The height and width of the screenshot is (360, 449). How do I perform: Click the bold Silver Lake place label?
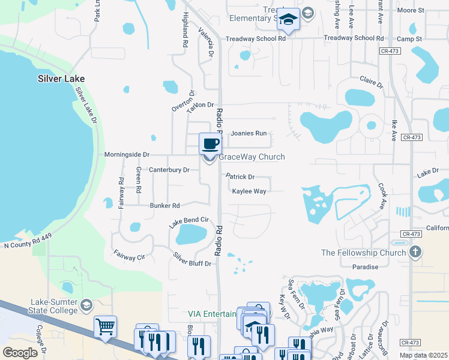point(61,79)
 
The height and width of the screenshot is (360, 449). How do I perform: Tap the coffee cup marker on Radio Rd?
point(209,144)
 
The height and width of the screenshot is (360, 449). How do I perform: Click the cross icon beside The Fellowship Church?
point(415,252)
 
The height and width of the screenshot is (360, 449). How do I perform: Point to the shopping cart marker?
point(105,327)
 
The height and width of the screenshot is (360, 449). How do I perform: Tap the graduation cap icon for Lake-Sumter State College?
point(86,306)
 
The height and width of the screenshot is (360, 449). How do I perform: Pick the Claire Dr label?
point(371,79)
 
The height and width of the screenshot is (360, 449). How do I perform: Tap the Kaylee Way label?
point(249,191)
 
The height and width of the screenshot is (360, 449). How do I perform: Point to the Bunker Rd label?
point(165,205)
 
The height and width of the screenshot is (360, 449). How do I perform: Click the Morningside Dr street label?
point(127,154)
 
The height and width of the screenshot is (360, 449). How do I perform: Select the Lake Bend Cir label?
point(188,221)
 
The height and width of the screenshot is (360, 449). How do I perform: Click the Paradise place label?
point(366,267)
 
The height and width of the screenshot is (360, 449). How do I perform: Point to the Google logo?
point(20,353)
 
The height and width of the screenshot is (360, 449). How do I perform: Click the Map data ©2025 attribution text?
point(423,355)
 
